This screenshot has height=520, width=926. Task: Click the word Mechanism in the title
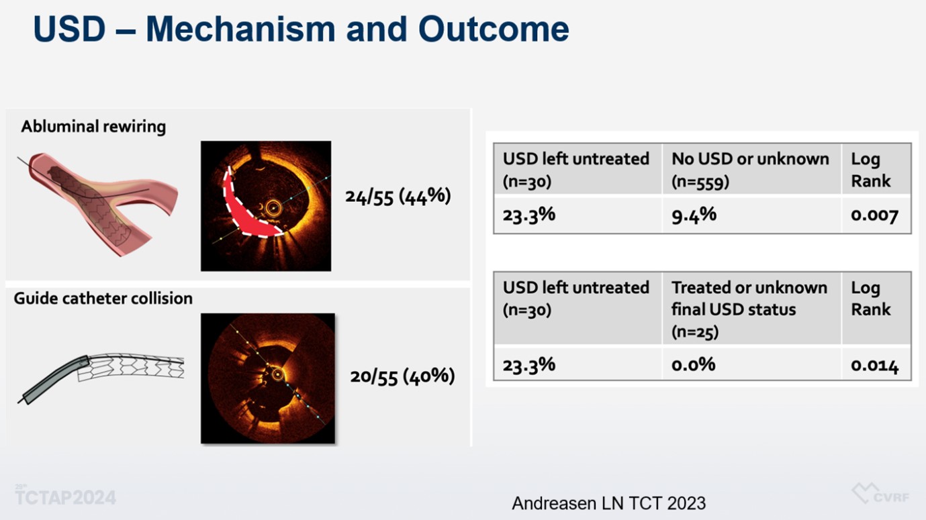pyautogui.click(x=240, y=29)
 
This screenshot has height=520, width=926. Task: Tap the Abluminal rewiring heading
pyautogui.click(x=93, y=126)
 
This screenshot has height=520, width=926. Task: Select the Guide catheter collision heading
pyautogui.click(x=103, y=298)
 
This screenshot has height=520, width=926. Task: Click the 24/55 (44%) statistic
pyautogui.click(x=398, y=197)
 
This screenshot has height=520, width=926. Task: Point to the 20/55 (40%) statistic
pyautogui.click(x=402, y=376)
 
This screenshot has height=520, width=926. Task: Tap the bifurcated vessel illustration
pyautogui.click(x=97, y=204)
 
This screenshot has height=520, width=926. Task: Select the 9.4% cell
pyautogui.click(x=694, y=215)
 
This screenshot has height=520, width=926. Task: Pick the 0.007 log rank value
pyautogui.click(x=874, y=215)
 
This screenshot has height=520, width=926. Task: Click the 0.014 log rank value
pyautogui.click(x=874, y=366)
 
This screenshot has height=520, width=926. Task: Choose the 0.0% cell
pyautogui.click(x=693, y=365)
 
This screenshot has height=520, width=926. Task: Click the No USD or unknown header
pyautogui.click(x=750, y=170)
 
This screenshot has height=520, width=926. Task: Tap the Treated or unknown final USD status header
pyautogui.click(x=749, y=309)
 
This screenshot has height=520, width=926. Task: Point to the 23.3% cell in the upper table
pyautogui.click(x=528, y=215)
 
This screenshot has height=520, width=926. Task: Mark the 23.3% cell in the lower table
pyautogui.click(x=528, y=365)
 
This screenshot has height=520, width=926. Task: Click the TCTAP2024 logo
pyautogui.click(x=65, y=495)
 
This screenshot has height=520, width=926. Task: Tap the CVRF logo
pyautogui.click(x=880, y=494)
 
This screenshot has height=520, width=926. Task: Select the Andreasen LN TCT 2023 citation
pyautogui.click(x=608, y=503)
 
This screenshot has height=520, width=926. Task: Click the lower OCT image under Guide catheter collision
pyautogui.click(x=268, y=378)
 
